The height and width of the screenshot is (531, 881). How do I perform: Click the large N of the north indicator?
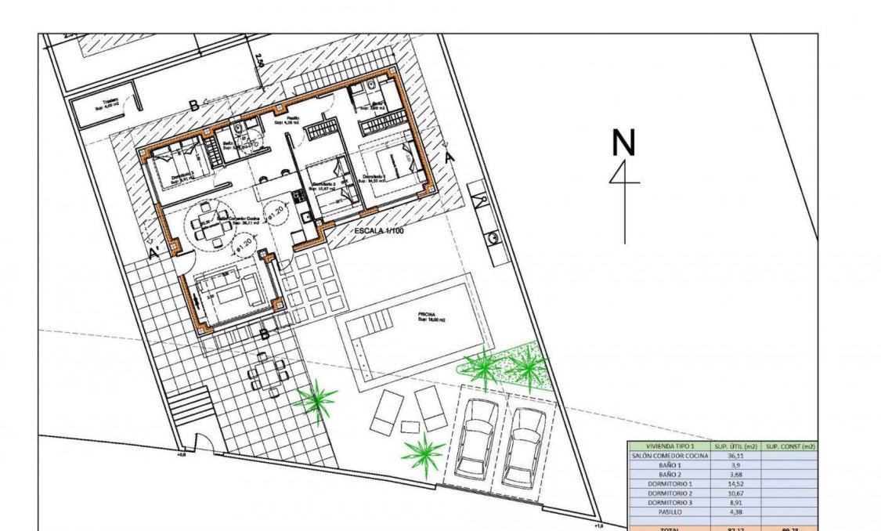point(623,143)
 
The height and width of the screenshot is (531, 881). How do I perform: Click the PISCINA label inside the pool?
point(431,315)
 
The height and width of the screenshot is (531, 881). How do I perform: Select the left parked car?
point(475,439)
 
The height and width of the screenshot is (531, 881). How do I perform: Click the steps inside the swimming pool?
point(372,321)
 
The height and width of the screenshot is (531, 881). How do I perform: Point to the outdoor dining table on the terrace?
point(264,375)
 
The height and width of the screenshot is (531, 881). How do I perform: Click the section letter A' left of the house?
point(154,253)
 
